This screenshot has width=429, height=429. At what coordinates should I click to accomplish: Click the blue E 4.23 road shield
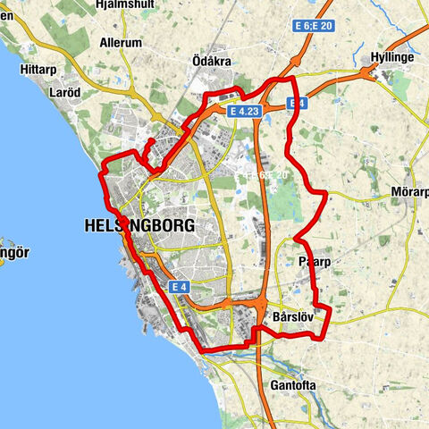click(x=244, y=112)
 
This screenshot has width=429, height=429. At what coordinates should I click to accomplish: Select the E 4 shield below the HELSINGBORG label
click(x=181, y=287)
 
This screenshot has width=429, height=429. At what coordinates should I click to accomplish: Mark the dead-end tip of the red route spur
click(x=150, y=140)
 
